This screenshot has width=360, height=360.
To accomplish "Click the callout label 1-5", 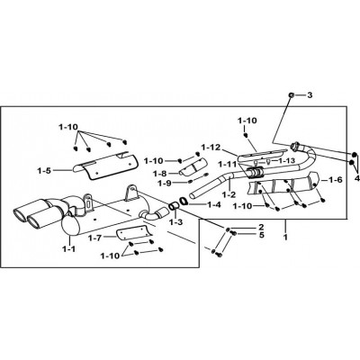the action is click(x=44, y=171).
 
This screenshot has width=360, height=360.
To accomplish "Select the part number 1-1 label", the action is click(x=69, y=248).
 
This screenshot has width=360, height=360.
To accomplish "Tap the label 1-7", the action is click(x=95, y=238).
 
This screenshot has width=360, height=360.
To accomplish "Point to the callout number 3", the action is click(x=310, y=95).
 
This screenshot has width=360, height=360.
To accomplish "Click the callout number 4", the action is click(x=356, y=178).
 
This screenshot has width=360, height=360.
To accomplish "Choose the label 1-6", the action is click(x=335, y=180).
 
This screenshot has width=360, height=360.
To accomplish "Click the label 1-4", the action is click(x=213, y=205).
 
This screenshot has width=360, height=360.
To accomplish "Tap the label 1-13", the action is click(x=287, y=160).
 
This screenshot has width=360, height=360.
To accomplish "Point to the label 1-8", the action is click(x=160, y=174).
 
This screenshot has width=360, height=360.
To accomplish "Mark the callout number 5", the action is click(x=262, y=235).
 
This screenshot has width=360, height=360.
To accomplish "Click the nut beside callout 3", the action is click(x=291, y=95).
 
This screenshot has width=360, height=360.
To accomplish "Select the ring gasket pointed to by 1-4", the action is click(x=184, y=201).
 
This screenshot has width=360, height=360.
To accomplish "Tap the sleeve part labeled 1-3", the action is click(x=174, y=206).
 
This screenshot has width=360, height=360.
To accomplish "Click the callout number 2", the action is click(x=261, y=227).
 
